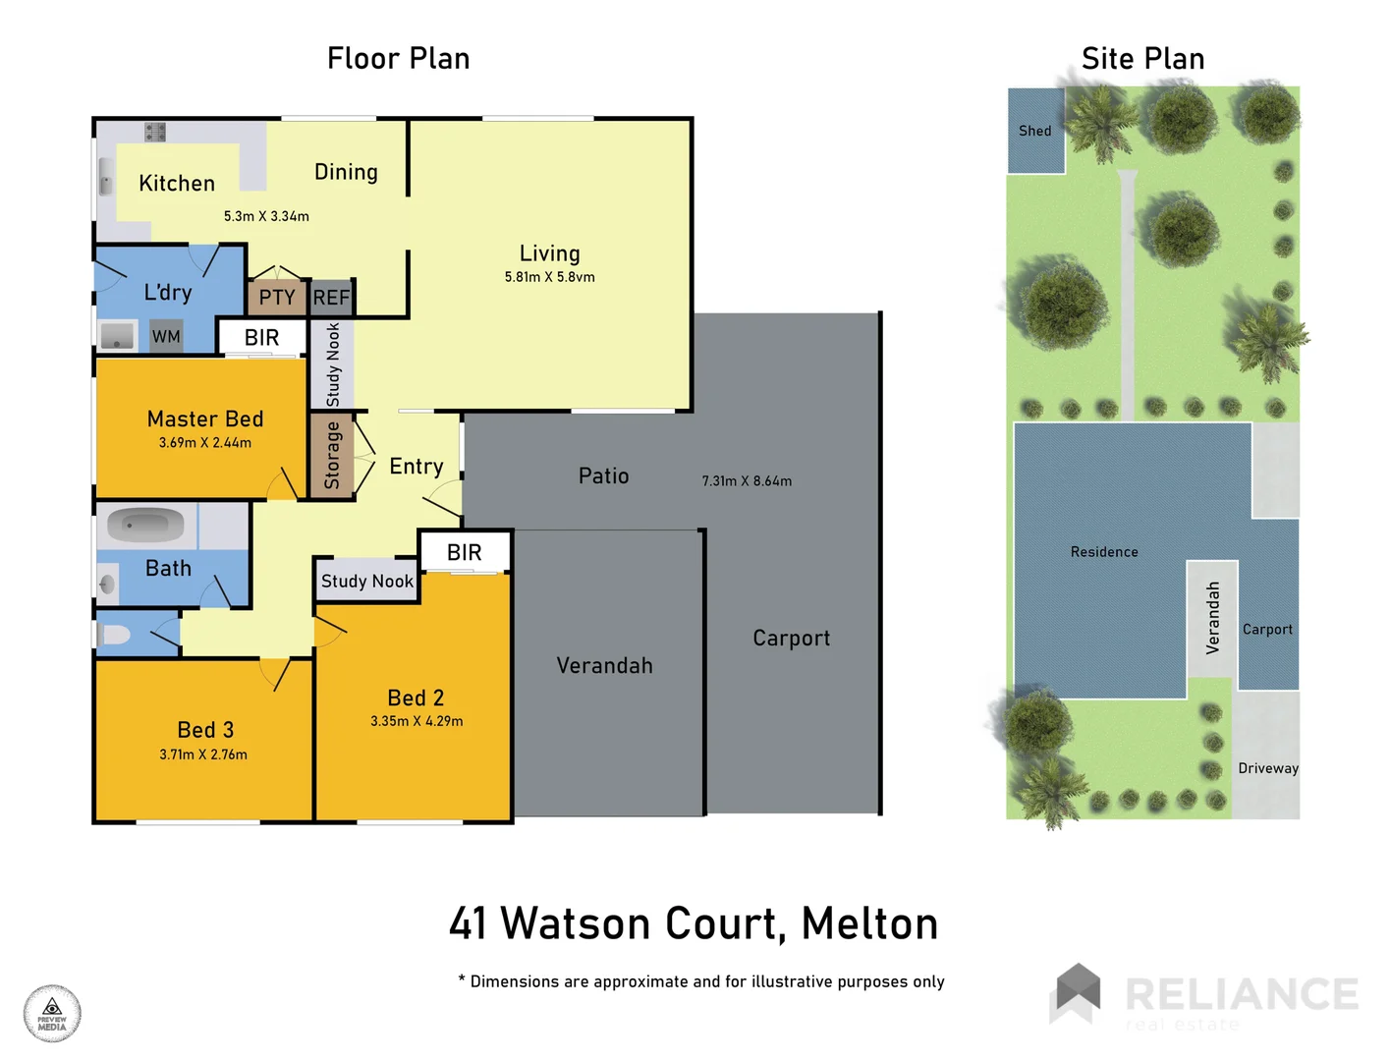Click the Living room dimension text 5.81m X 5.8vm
pyautogui.click(x=549, y=277)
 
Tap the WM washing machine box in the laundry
pyautogui.click(x=166, y=337)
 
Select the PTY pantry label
pyautogui.click(x=276, y=298)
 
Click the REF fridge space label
pyautogui.click(x=331, y=298)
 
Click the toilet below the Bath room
pyautogui.click(x=114, y=635)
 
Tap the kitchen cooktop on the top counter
pyautogui.click(x=155, y=132)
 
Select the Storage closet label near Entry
pyautogui.click(x=332, y=456)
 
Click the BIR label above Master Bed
pyautogui.click(x=261, y=338)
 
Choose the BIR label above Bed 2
pyautogui.click(x=464, y=553)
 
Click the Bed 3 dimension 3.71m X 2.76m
pyautogui.click(x=203, y=754)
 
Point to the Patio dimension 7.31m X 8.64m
pyautogui.click(x=747, y=481)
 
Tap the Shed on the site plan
pyautogui.click(x=1035, y=131)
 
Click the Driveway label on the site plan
pyautogui.click(x=1267, y=768)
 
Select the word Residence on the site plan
pyautogui.click(x=1104, y=552)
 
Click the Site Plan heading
pyautogui.click(x=1142, y=59)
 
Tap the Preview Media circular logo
pyautogui.click(x=52, y=1013)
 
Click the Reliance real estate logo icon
pyautogui.click(x=1078, y=992)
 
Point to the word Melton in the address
pyautogui.click(x=869, y=923)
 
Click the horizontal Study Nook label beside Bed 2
pyautogui.click(x=367, y=582)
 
